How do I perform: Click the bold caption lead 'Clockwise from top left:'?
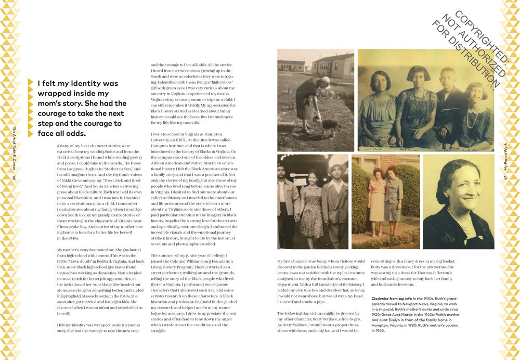pyautogui.click(x=396, y=298)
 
